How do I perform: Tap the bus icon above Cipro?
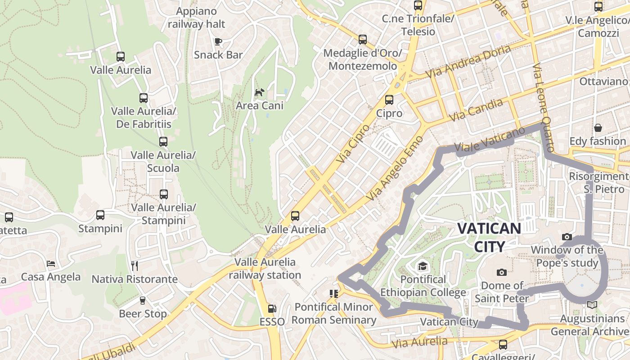tap(389, 100)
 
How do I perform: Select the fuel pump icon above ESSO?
tap(272, 309)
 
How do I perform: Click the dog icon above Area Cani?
tap(260, 92)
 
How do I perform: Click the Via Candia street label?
tap(476, 110)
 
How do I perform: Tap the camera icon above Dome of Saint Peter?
tap(502, 272)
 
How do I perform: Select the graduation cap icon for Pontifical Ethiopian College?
tap(423, 266)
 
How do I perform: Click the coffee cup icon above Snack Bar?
tap(218, 42)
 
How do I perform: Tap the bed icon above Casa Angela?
tap(51, 263)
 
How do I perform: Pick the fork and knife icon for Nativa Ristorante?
tap(135, 266)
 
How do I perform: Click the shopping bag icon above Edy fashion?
tap(598, 128)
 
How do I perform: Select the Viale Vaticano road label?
tap(490, 139)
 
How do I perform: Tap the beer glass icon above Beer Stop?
tap(143, 300)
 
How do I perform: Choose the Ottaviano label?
tap(603, 81)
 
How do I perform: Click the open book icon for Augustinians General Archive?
tap(592, 305)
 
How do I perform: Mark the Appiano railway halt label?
tap(197, 18)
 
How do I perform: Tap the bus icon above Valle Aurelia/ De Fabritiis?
tap(144, 98)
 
